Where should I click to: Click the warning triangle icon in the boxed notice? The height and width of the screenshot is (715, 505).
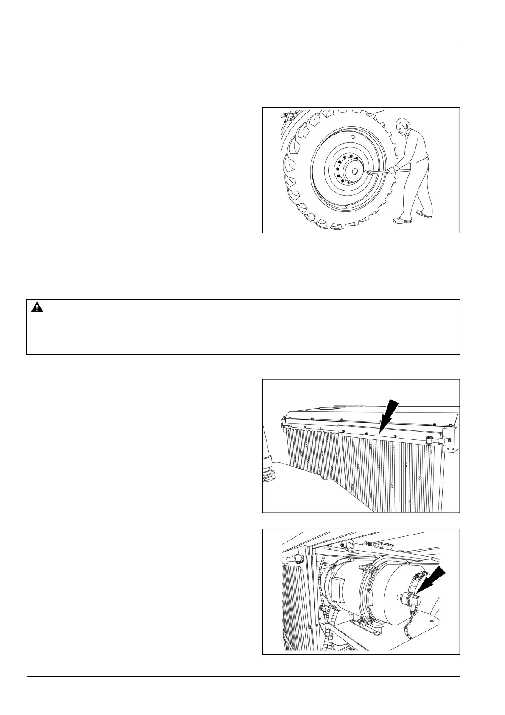click(x=37, y=308)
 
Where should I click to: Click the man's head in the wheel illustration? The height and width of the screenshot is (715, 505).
click(x=401, y=127)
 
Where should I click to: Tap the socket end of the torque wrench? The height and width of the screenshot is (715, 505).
click(x=370, y=172)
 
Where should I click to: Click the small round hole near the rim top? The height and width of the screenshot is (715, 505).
click(x=352, y=138)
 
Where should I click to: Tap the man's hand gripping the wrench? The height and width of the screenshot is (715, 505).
click(x=392, y=170)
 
